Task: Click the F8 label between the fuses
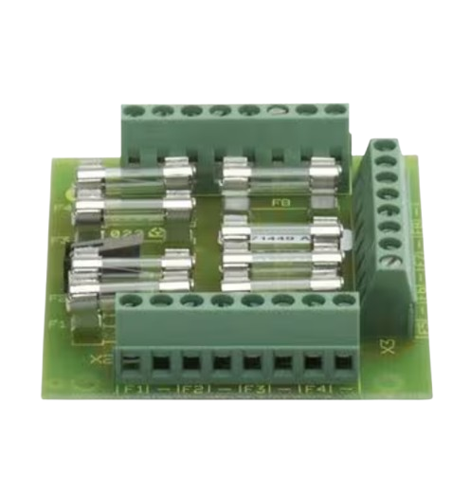[x=280, y=202]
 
